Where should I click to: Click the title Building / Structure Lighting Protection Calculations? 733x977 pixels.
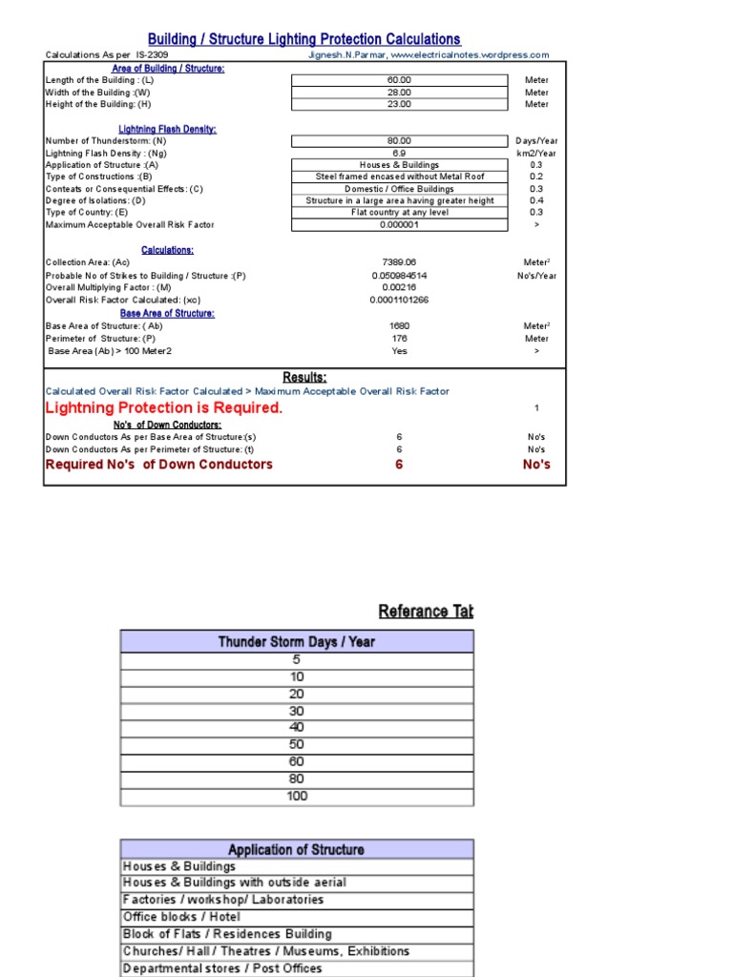[x=304, y=39]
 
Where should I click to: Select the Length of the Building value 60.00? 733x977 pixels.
[x=399, y=80]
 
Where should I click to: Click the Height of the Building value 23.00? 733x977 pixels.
[x=399, y=104]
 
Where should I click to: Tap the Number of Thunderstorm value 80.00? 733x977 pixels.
[x=399, y=140]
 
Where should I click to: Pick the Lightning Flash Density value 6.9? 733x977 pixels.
[x=399, y=153]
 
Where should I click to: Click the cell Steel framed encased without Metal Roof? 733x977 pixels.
[x=399, y=177]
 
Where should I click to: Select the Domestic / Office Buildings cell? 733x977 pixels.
[x=399, y=189]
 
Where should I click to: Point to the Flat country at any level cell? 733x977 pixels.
[x=399, y=213]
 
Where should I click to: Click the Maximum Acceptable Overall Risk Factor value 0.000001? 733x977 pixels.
[x=399, y=225]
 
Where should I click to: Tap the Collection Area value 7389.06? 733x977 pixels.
[x=399, y=261]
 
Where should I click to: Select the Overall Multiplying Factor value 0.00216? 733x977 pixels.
[x=399, y=287]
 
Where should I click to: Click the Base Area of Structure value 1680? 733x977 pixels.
[x=399, y=325]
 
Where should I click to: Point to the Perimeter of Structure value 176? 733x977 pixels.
[x=399, y=338]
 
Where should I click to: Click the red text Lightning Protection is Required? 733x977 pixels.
[x=164, y=407]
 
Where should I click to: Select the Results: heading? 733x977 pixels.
[x=304, y=377]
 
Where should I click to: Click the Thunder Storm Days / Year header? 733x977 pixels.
[x=297, y=642]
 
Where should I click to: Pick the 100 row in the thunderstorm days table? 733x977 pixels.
[x=297, y=796]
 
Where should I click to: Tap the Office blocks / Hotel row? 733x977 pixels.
[x=182, y=917]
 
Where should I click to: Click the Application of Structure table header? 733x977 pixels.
[x=297, y=849]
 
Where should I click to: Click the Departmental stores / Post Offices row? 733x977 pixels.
[x=222, y=968]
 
